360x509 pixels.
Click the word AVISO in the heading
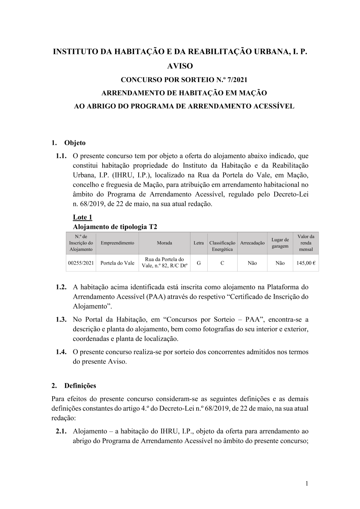[180, 66]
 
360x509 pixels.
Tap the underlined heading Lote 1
[82, 217]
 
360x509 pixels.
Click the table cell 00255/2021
[81, 263]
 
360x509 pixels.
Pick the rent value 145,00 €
[306, 263]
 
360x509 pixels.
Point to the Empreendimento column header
[117, 243]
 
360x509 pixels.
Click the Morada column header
[165, 243]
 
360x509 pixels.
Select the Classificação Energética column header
[222, 246]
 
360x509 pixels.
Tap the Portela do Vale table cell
[117, 263]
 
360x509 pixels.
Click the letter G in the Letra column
[199, 263]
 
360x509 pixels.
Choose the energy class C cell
[222, 263]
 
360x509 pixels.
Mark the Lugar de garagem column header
[280, 243]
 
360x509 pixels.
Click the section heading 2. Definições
[74, 386]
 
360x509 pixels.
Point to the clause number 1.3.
[62, 319]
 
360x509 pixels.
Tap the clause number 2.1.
[62, 431]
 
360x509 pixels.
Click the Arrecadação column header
[252, 243]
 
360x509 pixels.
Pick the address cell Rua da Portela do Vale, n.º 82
[165, 263]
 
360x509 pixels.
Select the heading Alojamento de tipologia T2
[115, 227]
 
